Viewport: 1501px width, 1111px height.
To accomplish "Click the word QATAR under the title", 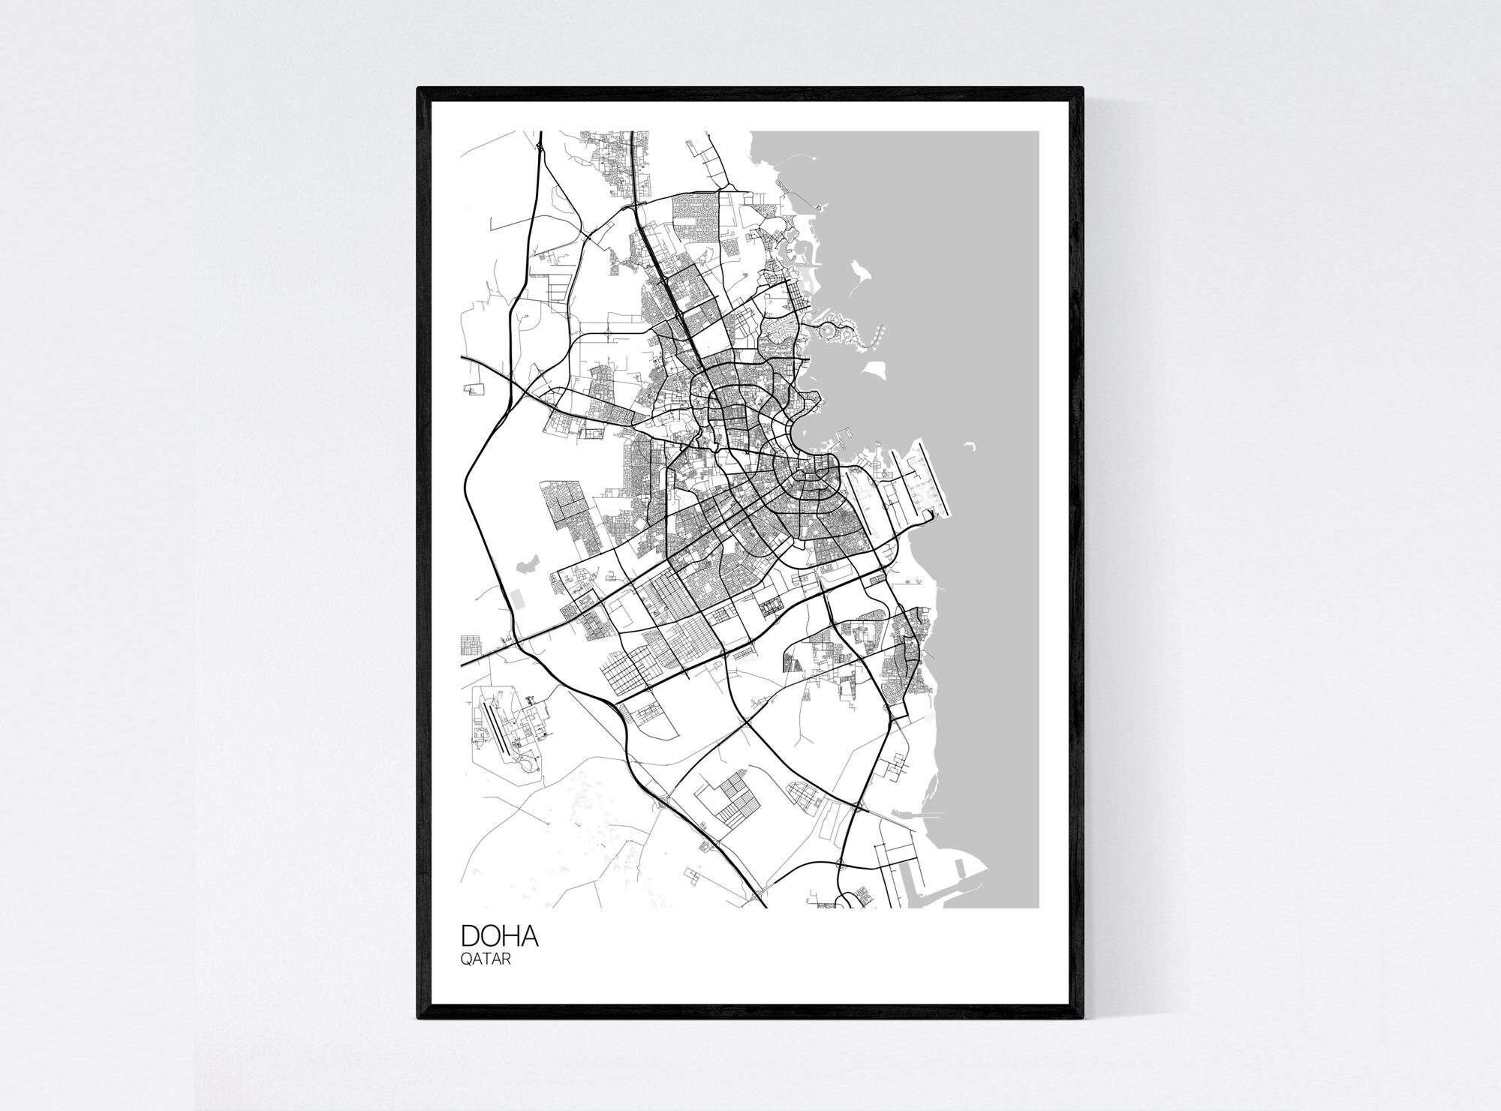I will coord(486,959).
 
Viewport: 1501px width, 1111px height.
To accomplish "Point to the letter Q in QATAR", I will coord(465,959).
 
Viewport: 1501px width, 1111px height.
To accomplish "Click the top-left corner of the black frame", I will coord(419,89).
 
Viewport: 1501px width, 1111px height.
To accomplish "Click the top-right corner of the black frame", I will coord(1081,89).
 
